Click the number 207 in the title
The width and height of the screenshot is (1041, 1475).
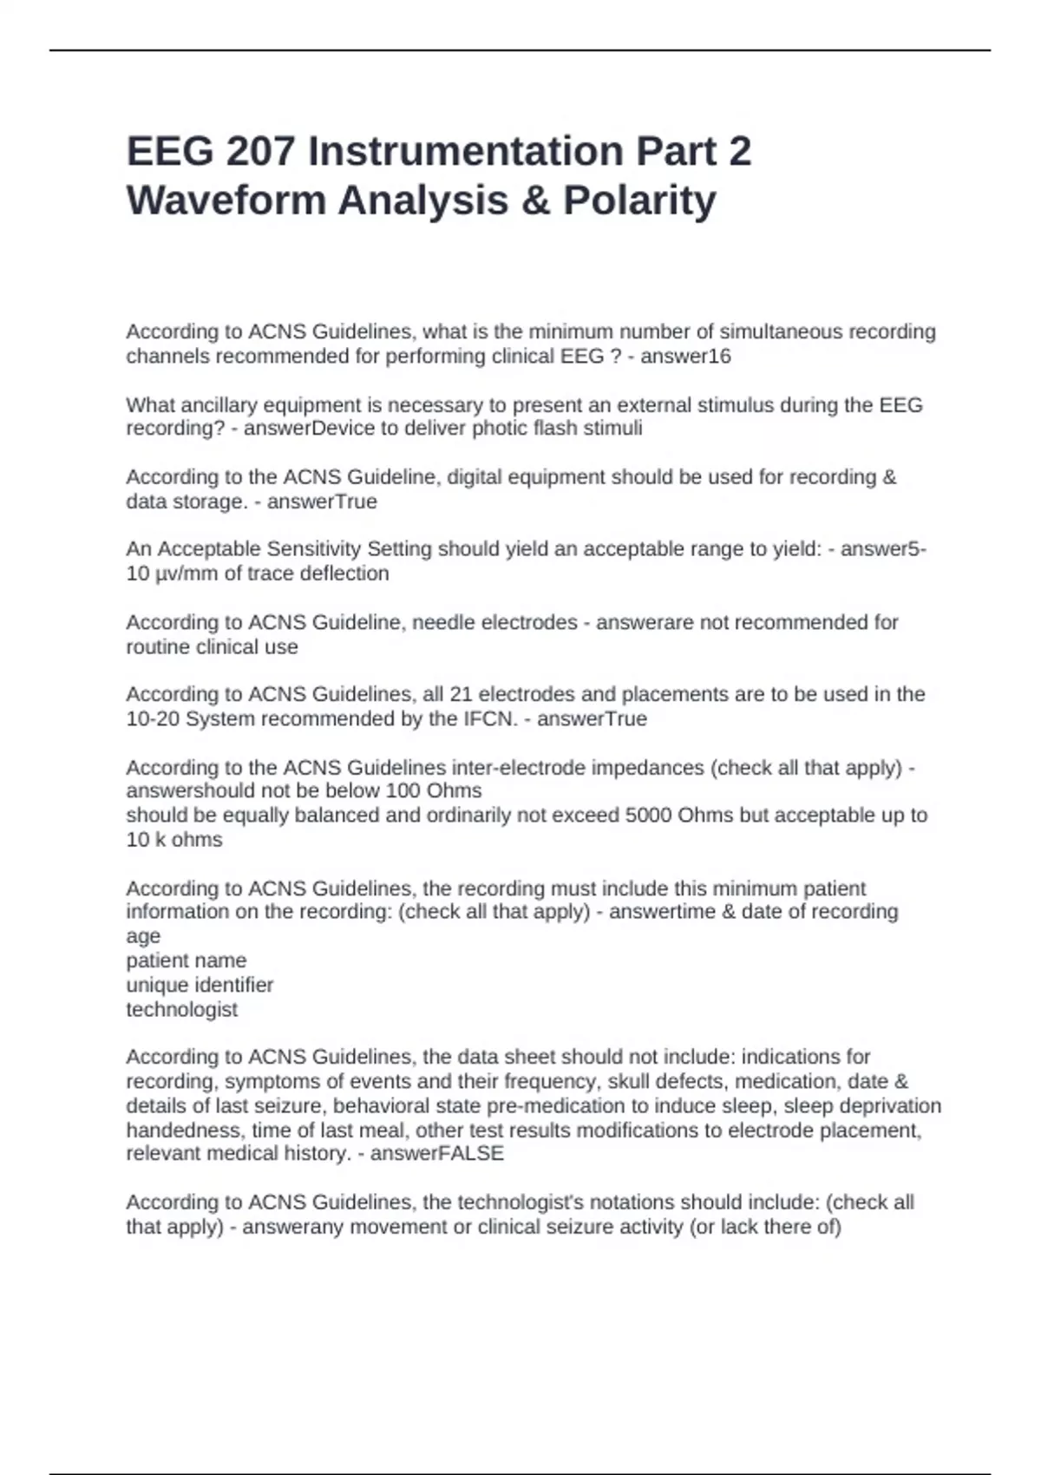[259, 151]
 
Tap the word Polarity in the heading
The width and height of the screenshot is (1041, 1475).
[640, 200]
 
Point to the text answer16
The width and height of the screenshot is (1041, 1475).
[685, 357]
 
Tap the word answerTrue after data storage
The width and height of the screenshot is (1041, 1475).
[322, 501]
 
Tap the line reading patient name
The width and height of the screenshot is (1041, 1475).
[187, 960]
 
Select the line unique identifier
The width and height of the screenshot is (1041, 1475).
[200, 985]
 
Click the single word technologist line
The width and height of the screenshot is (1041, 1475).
[182, 1010]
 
